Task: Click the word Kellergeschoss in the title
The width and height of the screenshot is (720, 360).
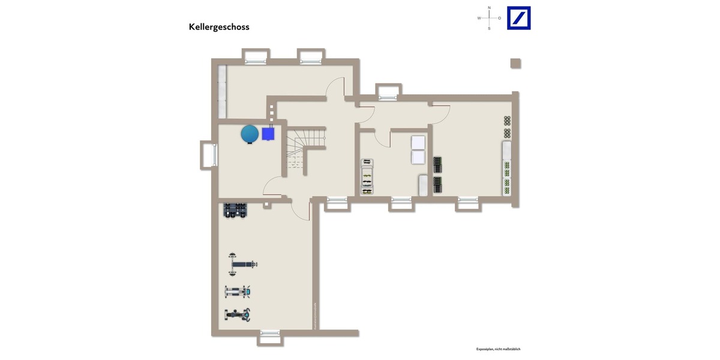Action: (x=219, y=27)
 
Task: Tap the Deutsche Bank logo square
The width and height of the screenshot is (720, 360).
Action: (x=518, y=18)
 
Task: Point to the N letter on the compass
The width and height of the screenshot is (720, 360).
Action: (x=489, y=8)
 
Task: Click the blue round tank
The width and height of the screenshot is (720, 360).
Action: (x=250, y=134)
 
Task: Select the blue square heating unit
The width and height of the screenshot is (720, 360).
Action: (x=268, y=134)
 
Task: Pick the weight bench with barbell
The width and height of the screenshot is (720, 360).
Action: (x=242, y=264)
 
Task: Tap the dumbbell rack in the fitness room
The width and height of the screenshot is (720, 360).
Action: (x=235, y=210)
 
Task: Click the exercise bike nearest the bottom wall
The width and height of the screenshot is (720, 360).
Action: (x=238, y=314)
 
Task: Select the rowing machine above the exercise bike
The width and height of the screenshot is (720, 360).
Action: (x=238, y=292)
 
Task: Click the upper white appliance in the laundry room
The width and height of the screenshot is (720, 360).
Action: (x=418, y=143)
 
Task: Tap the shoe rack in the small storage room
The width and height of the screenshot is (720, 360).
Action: (x=367, y=177)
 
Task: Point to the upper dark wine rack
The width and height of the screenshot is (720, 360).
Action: (x=437, y=164)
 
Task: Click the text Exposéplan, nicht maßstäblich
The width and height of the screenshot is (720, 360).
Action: (x=498, y=349)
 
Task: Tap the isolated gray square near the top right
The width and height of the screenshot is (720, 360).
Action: (x=515, y=63)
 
